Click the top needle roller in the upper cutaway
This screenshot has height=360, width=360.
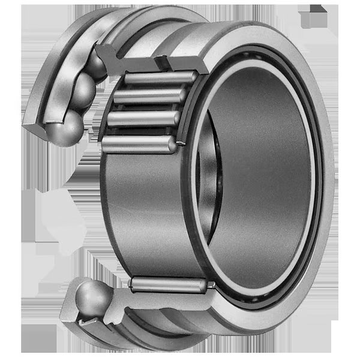click(158, 79)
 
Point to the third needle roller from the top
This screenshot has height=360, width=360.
click(144, 117)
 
